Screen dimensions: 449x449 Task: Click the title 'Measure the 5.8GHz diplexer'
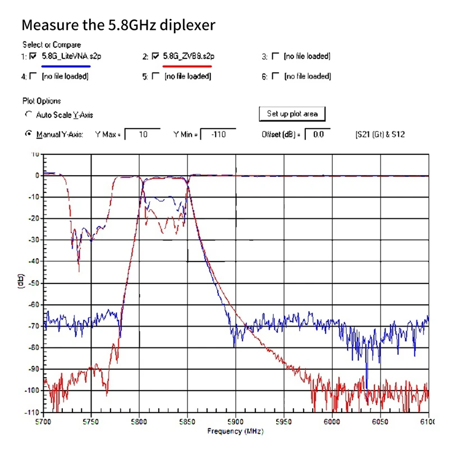[118, 25]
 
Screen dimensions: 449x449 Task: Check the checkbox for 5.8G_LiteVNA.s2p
[33, 56]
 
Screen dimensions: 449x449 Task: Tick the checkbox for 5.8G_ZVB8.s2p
[155, 56]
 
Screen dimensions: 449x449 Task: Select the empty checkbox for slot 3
[275, 56]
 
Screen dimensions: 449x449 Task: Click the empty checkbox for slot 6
[275, 76]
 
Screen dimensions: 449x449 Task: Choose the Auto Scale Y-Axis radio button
[29, 114]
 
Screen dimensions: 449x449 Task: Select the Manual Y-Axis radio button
[29, 135]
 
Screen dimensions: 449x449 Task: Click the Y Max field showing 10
[142, 135]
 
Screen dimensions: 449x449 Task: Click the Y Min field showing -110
[217, 135]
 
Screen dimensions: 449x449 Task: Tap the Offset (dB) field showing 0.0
[318, 135]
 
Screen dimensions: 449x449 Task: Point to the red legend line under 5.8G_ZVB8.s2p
[187, 66]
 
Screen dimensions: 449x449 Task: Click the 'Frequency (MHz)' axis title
[235, 431]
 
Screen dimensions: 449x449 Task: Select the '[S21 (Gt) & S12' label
[380, 135]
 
